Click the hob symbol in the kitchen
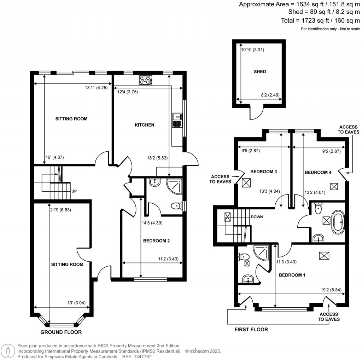pos(146,81)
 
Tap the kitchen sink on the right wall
pos(176,120)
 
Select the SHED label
pos(260,72)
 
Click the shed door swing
pos(257,113)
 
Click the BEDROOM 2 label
pos(156,241)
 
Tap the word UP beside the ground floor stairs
pos(74,191)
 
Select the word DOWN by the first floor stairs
pos(257,217)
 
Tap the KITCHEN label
pos(145,125)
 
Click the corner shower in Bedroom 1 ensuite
pos(263,252)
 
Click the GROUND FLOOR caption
pos(61,332)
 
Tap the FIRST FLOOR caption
pos(251,330)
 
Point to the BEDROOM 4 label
pos(318,172)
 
